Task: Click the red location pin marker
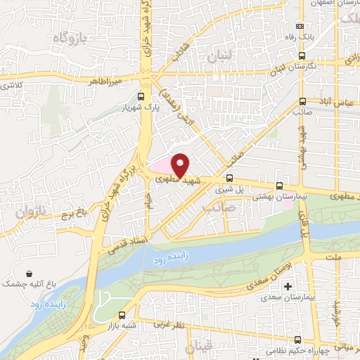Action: pyautogui.click(x=181, y=165)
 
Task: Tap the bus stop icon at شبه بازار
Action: pyautogui.click(x=124, y=316)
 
